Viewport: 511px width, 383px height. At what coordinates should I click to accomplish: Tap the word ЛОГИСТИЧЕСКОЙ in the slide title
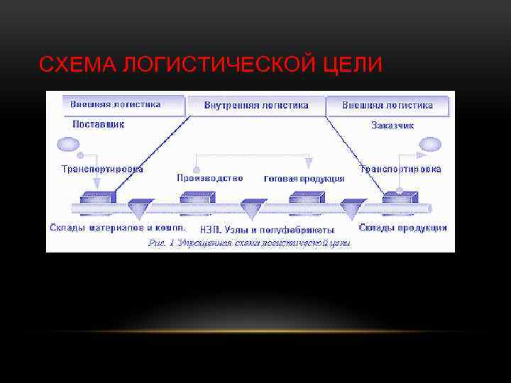216,65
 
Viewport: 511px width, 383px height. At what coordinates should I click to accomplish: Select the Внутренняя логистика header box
256,105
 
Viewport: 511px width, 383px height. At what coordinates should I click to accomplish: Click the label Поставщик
98,123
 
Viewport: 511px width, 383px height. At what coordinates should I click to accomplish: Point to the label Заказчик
392,125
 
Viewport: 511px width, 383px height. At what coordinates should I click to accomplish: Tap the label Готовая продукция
304,179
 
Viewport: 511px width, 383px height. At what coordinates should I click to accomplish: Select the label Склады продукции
402,228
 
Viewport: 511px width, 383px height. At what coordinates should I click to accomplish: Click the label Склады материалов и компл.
118,228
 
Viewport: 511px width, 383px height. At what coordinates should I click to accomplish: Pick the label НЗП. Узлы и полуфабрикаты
267,230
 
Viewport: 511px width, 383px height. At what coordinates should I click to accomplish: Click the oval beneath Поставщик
68,145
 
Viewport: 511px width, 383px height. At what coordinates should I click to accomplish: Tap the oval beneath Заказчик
429,145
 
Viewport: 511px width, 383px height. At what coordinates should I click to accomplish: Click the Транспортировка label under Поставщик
102,169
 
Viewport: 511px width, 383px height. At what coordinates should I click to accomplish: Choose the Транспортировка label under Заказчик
400,169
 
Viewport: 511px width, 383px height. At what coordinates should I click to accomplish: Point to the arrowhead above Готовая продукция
308,164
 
